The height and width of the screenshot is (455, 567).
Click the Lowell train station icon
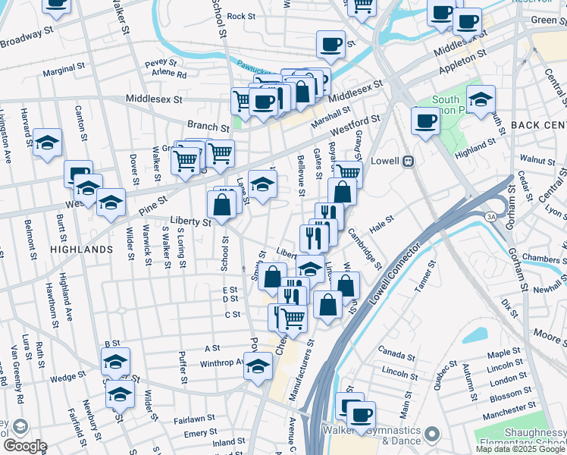[408, 161]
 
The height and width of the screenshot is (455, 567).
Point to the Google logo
[24, 445]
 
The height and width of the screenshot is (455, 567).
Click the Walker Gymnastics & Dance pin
[433, 434]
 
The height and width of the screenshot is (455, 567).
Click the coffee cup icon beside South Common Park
[424, 120]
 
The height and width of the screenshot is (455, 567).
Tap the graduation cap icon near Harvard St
[47, 142]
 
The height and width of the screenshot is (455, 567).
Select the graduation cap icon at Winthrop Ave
[258, 366]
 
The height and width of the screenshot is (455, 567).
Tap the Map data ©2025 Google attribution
[521, 449]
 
